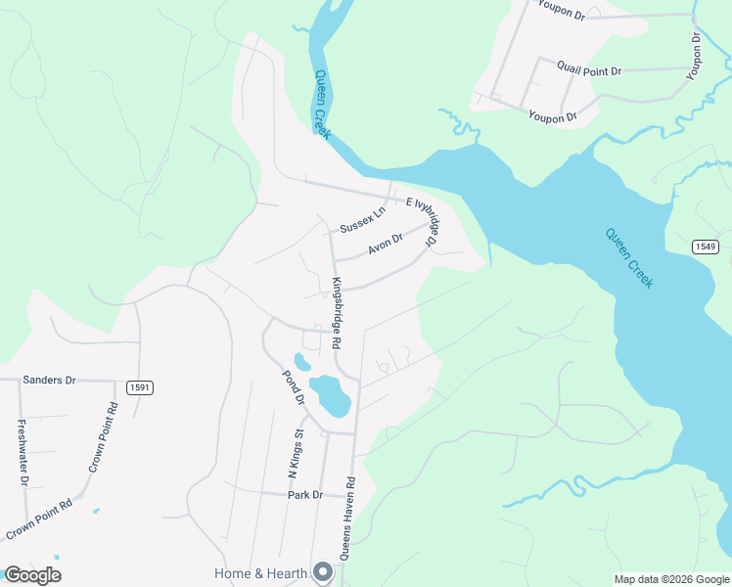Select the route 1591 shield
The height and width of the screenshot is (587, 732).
tap(139, 388)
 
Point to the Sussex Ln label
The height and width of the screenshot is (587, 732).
tap(363, 220)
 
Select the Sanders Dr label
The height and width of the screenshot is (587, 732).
tap(49, 380)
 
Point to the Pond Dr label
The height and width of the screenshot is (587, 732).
tap(292, 388)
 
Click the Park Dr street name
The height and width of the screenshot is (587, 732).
tap(305, 495)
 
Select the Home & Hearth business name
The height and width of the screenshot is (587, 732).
tap(260, 573)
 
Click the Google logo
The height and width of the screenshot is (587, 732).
tap(32, 575)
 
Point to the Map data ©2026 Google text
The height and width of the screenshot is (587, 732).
tap(671, 579)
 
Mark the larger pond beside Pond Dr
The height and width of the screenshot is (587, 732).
tap(331, 395)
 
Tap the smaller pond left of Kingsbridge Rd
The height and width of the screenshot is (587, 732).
tap(301, 362)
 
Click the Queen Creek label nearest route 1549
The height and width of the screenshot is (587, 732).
tap(628, 257)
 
